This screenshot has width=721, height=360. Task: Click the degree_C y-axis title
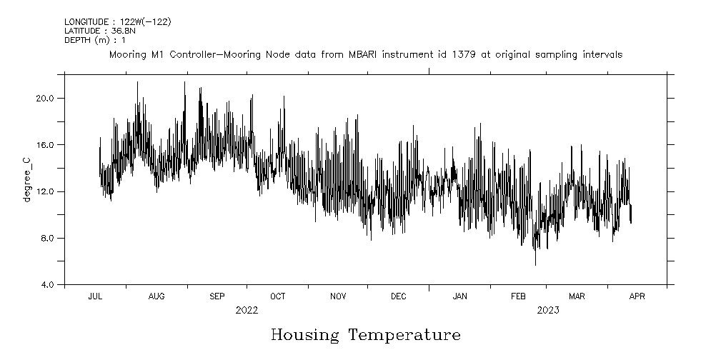point(27,179)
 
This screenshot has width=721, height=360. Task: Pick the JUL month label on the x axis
point(95,296)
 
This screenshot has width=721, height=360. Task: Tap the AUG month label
point(156,296)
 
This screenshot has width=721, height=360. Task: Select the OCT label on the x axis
point(278,296)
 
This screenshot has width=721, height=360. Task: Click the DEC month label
point(399,296)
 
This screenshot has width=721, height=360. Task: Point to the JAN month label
point(459,296)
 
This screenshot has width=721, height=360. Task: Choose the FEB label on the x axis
point(518,296)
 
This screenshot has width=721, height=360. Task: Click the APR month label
point(637,296)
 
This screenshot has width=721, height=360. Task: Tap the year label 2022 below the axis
point(247,310)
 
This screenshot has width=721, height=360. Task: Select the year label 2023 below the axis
point(548,310)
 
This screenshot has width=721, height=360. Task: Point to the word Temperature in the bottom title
point(404,335)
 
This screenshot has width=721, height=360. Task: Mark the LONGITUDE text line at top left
point(117,22)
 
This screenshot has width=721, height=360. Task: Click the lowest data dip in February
point(535,264)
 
